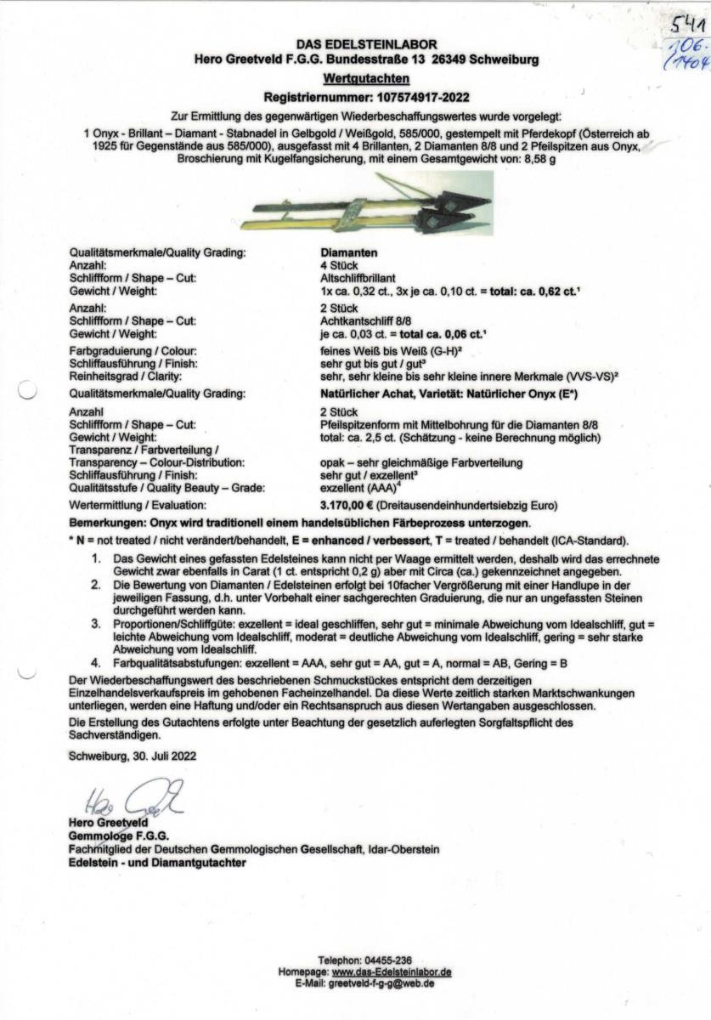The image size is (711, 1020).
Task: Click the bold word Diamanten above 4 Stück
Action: pos(349,252)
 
